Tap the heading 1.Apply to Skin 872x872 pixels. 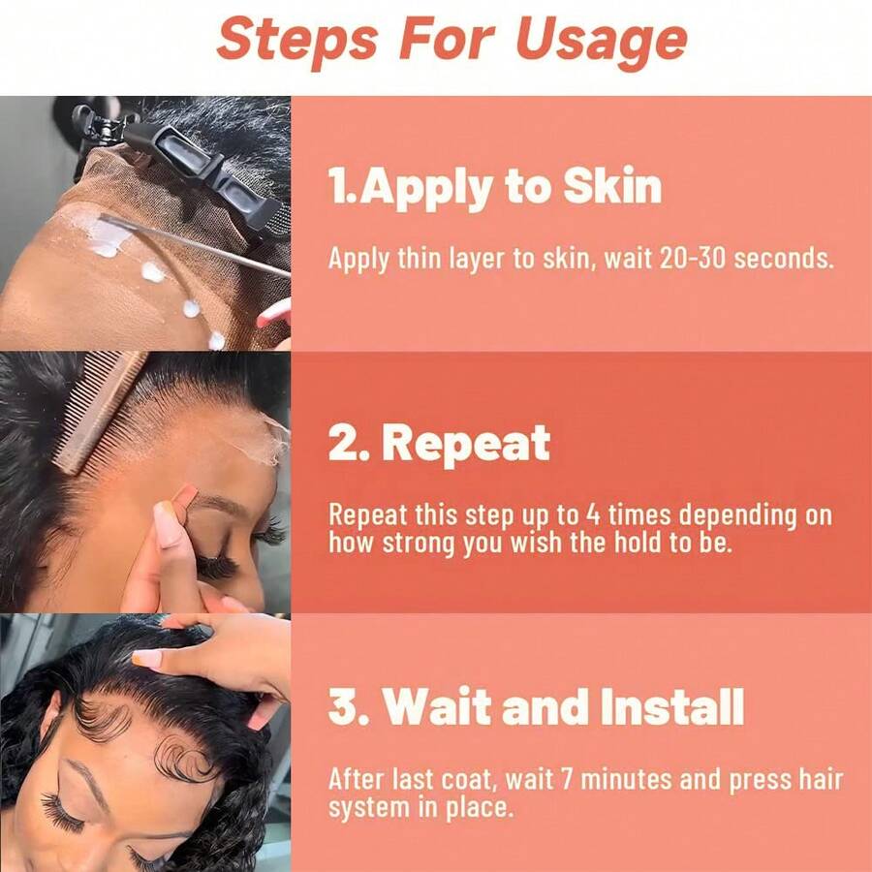pyautogui.click(x=495, y=186)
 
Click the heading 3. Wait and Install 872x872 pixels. pyautogui.click(x=536, y=707)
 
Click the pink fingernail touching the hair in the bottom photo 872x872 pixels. pyautogui.click(x=146, y=658)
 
